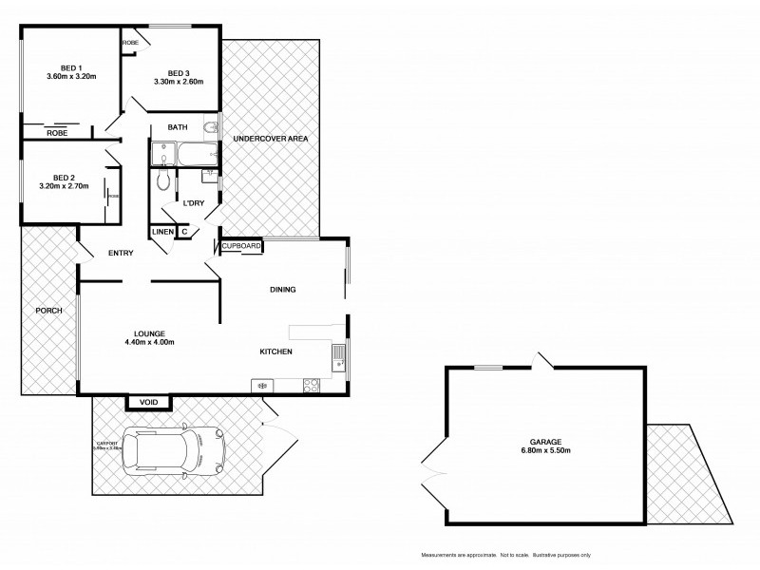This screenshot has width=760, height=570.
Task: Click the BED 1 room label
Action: pyautogui.click(x=69, y=67)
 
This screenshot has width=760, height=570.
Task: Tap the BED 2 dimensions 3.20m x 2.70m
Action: pyautogui.click(x=65, y=186)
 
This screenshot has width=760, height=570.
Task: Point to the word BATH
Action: pyautogui.click(x=177, y=127)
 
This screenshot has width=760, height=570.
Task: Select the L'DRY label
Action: pyautogui.click(x=196, y=202)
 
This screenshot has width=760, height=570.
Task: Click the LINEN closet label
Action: pyautogui.click(x=161, y=231)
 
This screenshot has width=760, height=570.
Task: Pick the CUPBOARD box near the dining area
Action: pyautogui.click(x=241, y=246)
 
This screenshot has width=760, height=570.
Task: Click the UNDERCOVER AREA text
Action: pyautogui.click(x=271, y=139)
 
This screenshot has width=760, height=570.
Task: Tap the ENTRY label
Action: pyautogui.click(x=121, y=253)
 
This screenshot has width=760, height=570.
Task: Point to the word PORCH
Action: pyautogui.click(x=48, y=311)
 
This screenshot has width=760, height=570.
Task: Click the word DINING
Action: pyautogui.click(x=283, y=290)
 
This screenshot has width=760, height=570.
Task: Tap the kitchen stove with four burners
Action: pyautogui.click(x=310, y=385)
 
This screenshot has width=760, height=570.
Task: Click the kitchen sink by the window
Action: pyautogui.click(x=338, y=357)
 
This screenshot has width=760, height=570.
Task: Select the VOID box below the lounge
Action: pyautogui.click(x=149, y=402)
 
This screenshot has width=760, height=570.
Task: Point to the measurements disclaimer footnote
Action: pyautogui.click(x=505, y=554)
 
